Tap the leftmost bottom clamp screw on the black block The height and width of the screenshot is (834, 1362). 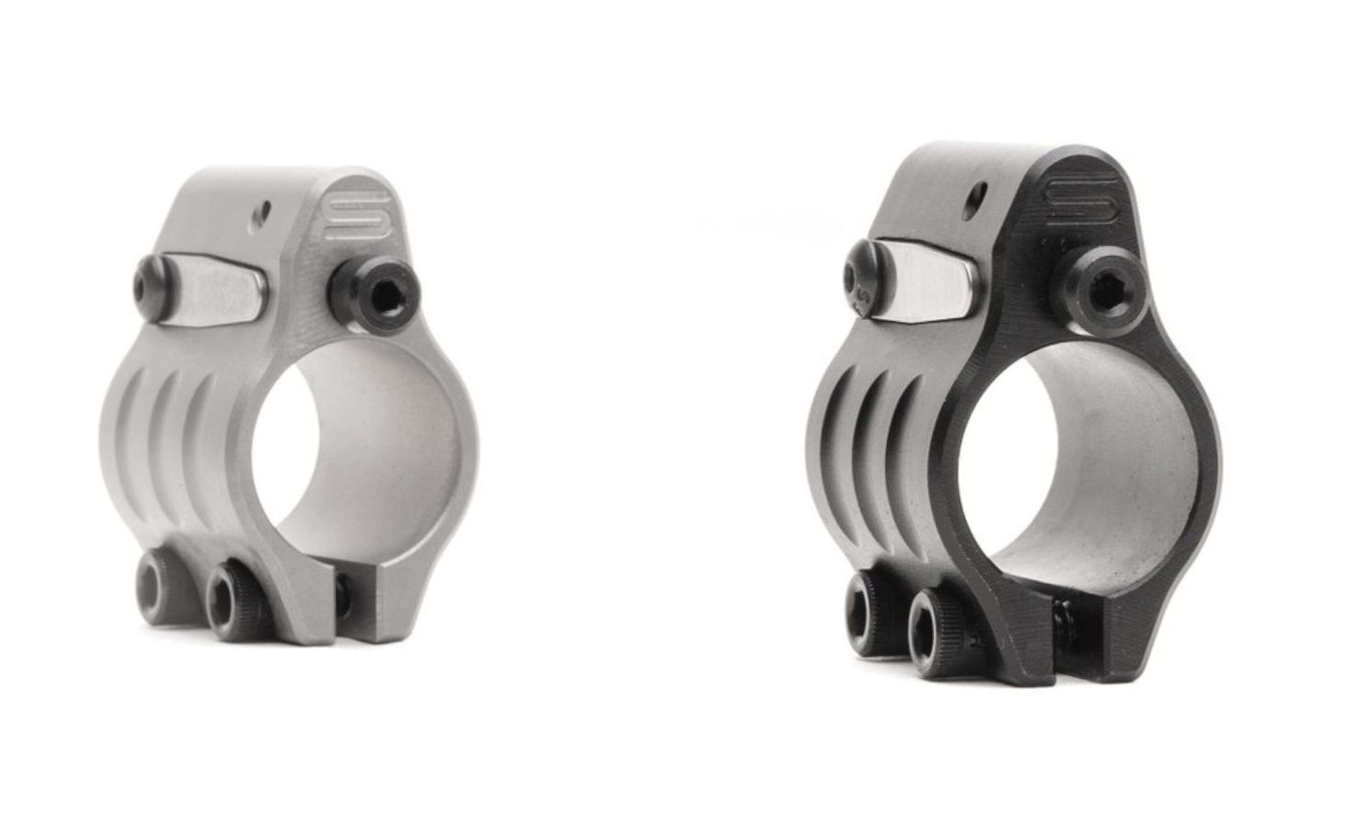pyautogui.click(x=865, y=598)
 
